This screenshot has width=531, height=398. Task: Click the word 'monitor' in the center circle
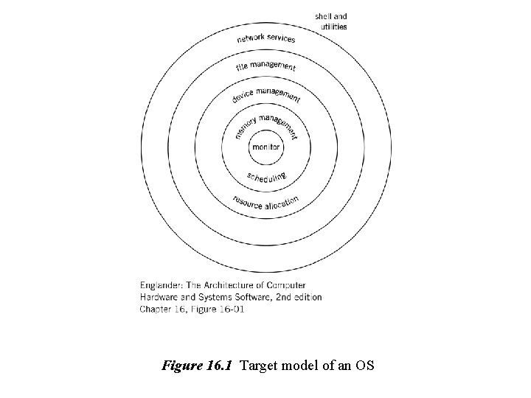267,147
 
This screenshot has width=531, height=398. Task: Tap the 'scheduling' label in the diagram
267,177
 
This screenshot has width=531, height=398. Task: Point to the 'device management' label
266,94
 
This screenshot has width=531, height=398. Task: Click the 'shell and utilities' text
331,21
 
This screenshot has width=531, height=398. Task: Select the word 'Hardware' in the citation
156,297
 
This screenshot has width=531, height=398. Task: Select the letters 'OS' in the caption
366,363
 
